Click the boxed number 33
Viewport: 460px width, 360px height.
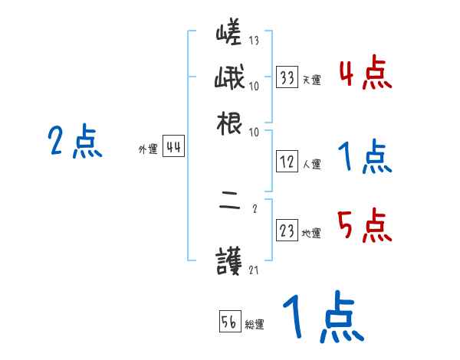coord(287,78)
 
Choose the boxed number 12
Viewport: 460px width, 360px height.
coord(287,162)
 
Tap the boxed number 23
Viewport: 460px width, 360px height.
coord(287,232)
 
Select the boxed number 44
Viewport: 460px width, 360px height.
coord(173,149)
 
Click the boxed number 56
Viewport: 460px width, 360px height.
coord(229,322)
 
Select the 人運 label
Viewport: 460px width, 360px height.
coord(311,164)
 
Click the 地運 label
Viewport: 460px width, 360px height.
coord(311,234)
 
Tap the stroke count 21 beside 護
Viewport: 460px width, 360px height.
coord(254,270)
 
